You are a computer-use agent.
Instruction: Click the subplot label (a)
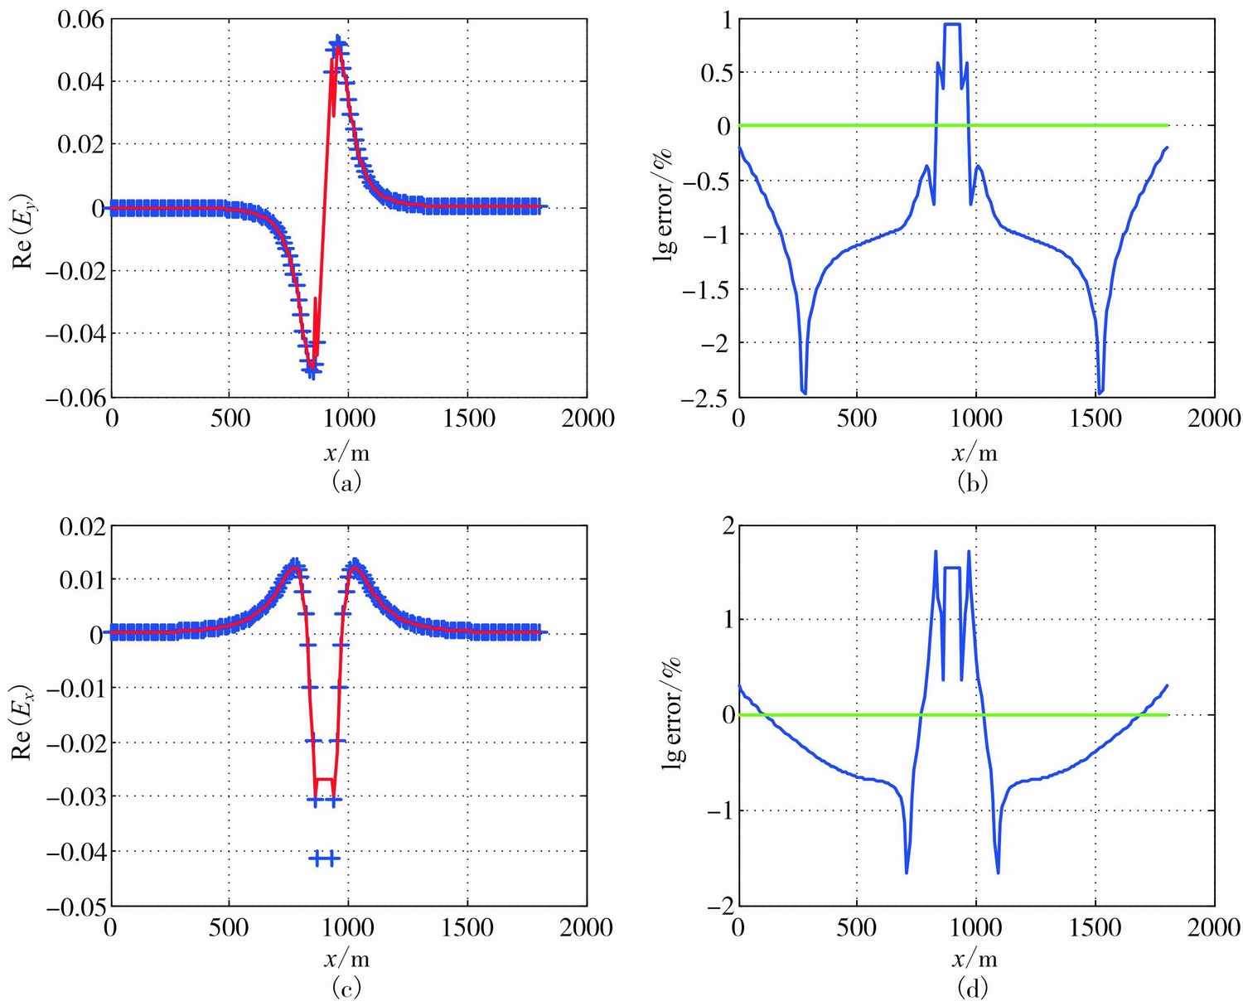click(346, 481)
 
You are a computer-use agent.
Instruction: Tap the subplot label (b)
click(974, 481)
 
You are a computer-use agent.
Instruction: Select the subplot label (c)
click(346, 988)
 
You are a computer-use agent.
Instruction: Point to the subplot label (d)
click(974, 988)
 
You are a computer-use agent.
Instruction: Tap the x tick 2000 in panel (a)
click(587, 418)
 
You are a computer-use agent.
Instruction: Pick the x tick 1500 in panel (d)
click(1095, 927)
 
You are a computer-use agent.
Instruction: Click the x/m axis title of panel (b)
click(974, 452)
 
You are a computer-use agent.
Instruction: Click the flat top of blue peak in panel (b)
click(952, 24)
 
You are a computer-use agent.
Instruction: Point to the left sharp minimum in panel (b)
click(803, 392)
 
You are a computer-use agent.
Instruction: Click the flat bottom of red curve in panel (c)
click(324, 779)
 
